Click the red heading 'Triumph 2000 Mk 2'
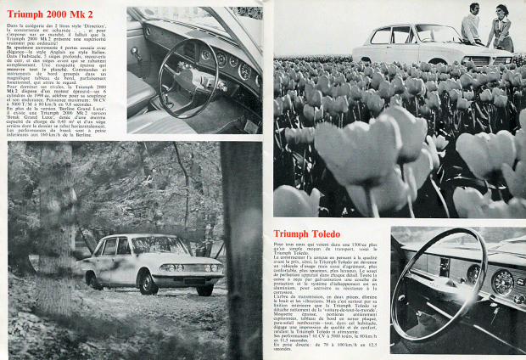[x=52, y=14]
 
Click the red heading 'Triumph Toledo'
[x=311, y=234]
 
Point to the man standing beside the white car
[x=472, y=25]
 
